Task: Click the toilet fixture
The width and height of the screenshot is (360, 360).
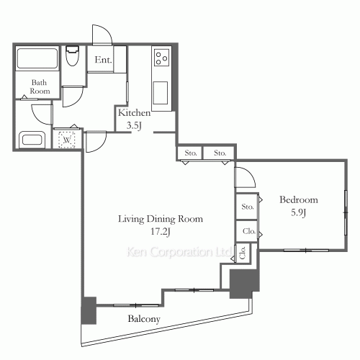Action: (72, 55)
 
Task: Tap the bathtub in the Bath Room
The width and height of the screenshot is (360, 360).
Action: (37, 58)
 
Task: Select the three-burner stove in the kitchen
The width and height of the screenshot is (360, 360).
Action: (161, 58)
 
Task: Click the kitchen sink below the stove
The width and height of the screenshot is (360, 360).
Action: (161, 93)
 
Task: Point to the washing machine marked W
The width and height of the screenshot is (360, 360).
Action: (67, 140)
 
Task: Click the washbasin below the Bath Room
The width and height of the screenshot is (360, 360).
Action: (32, 140)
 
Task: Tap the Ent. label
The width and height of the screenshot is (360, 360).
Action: (103, 60)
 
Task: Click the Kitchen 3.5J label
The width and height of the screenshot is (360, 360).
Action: (134, 119)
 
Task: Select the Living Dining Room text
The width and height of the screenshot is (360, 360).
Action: (161, 219)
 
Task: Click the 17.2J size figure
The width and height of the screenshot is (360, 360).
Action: (161, 232)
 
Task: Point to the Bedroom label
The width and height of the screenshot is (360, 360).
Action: (299, 199)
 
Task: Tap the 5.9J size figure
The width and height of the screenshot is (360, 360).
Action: (298, 212)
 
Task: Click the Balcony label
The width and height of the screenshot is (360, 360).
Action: (144, 319)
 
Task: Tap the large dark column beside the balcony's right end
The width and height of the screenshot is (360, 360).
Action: (244, 283)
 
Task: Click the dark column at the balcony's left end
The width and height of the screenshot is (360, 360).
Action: (89, 310)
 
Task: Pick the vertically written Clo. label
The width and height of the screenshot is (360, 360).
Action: (243, 253)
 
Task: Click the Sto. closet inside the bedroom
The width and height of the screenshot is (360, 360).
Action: (247, 207)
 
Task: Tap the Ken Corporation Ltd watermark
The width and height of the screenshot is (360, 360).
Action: (179, 252)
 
